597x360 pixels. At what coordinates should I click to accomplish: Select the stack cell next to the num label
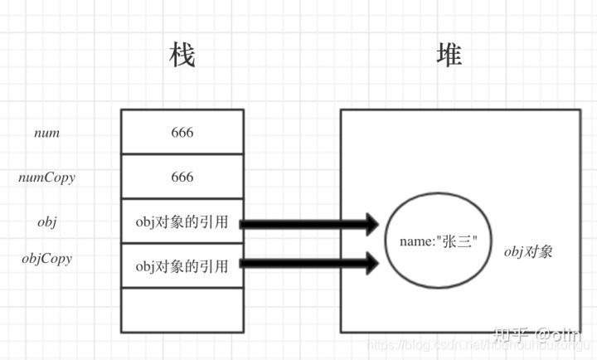pos(182,132)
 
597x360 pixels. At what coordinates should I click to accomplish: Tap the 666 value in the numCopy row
pos(182,177)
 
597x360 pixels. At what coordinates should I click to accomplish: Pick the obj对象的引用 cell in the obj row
pos(182,222)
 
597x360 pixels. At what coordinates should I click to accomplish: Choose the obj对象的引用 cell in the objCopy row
pos(182,265)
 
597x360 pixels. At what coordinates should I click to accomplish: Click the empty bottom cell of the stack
pos(182,309)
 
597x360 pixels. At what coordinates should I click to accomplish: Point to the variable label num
pos(47,132)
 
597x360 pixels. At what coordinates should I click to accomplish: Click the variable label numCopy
pos(47,177)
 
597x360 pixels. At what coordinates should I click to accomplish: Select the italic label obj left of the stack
pos(47,222)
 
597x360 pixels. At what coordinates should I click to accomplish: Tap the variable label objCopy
pos(47,258)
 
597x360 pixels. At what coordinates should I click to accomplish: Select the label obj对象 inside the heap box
pos(528,251)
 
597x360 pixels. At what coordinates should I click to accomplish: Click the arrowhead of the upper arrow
pos(369,223)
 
